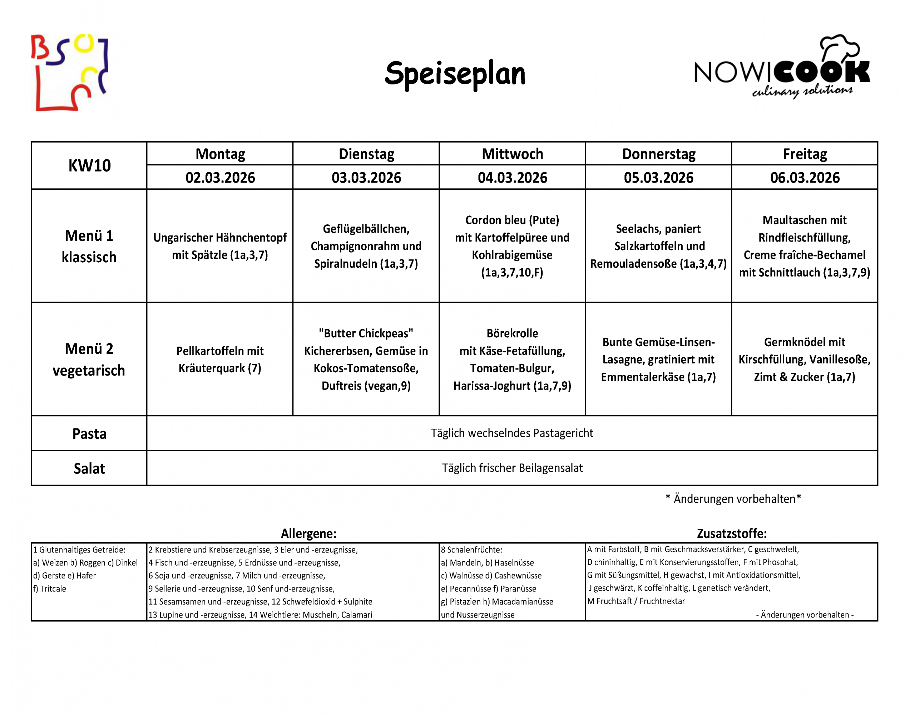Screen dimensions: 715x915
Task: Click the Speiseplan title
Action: pyautogui.click(x=455, y=74)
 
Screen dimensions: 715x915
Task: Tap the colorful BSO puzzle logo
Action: pyautogui.click(x=70, y=73)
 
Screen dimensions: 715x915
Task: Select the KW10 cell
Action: pyautogui.click(x=89, y=166)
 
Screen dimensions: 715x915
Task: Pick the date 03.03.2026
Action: pyautogui.click(x=366, y=178)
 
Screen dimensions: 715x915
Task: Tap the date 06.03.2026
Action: pyautogui.click(x=805, y=178)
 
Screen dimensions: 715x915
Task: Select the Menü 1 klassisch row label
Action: pyautogui.click(x=89, y=246)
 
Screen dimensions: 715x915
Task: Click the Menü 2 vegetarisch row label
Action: pyautogui.click(x=89, y=359)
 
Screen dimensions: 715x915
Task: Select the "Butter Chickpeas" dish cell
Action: pyautogui.click(x=366, y=359)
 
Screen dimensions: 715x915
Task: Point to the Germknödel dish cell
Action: pyautogui.click(x=805, y=359)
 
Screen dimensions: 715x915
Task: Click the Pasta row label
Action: pyautogui.click(x=89, y=433)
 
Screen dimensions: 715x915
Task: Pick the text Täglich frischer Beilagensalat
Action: pyautogui.click(x=512, y=468)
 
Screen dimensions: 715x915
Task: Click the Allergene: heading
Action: pyautogui.click(x=308, y=533)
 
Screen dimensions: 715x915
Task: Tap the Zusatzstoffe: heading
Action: pyautogui.click(x=732, y=533)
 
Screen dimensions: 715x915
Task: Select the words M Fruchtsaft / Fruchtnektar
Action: pyautogui.click(x=635, y=601)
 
